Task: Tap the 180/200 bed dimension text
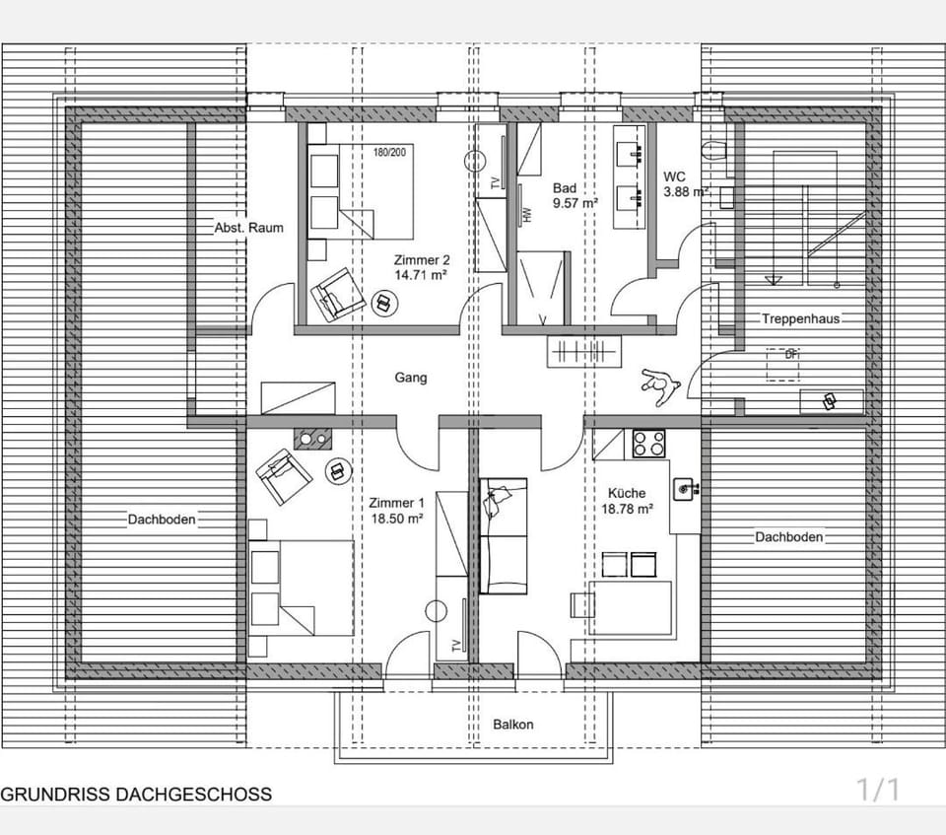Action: click(389, 153)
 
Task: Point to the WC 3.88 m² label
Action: click(686, 184)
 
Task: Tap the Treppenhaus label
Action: click(798, 319)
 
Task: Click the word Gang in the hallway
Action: click(411, 377)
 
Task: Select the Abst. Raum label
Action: click(248, 228)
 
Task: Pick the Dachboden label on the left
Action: click(161, 520)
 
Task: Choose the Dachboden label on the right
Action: click(788, 537)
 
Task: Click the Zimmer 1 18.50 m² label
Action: click(396, 509)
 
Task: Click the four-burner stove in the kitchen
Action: click(648, 444)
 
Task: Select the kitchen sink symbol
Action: click(687, 487)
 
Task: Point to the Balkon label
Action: click(512, 725)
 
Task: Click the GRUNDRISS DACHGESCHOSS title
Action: click(136, 794)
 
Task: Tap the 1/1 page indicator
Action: click(878, 790)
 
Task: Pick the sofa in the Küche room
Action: click(504, 535)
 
